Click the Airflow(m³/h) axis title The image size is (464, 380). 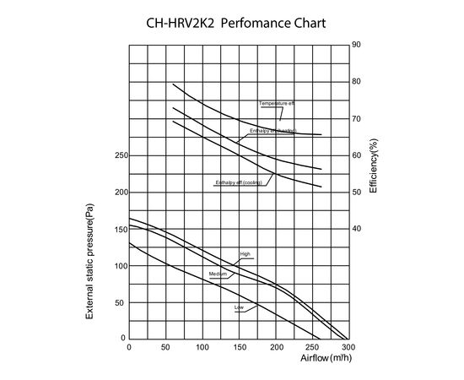click(323, 359)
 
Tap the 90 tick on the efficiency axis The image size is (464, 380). click(357, 45)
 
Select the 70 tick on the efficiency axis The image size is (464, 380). click(357, 118)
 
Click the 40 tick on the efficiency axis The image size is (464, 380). click(357, 229)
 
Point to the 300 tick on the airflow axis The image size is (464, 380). click(348, 347)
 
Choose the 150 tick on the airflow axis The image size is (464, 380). click(239, 347)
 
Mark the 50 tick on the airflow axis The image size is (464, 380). click(165, 347)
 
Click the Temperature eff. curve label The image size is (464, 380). click(277, 103)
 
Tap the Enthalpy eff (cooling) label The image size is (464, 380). click(240, 182)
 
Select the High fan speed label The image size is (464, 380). click(245, 253)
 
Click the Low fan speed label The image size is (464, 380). click(239, 307)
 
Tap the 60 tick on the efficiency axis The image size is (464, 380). click(357, 155)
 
